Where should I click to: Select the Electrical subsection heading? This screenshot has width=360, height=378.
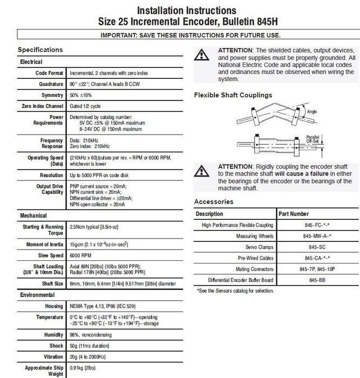(31, 62)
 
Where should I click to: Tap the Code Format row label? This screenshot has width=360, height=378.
(49, 73)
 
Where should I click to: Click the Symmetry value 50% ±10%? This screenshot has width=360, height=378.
(82, 95)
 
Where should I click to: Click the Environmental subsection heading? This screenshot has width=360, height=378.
(37, 295)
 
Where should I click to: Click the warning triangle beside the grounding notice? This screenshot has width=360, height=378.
(202, 55)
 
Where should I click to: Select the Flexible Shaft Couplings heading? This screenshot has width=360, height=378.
(233, 95)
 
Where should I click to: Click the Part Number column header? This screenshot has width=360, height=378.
(307, 214)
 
